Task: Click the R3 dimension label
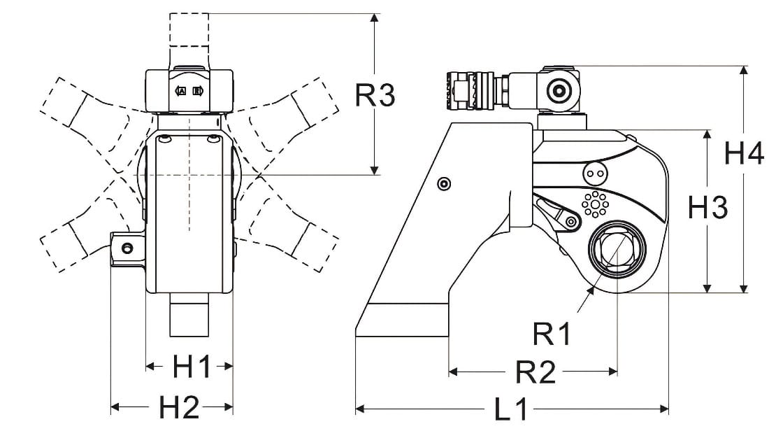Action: [375, 95]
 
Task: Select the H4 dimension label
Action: [744, 153]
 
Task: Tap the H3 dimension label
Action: [708, 207]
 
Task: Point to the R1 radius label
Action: [552, 335]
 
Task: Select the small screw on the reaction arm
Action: [443, 183]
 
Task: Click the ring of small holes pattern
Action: [595, 204]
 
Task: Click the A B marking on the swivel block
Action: [189, 92]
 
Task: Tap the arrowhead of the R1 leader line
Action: [591, 289]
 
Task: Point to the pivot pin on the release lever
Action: [571, 222]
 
